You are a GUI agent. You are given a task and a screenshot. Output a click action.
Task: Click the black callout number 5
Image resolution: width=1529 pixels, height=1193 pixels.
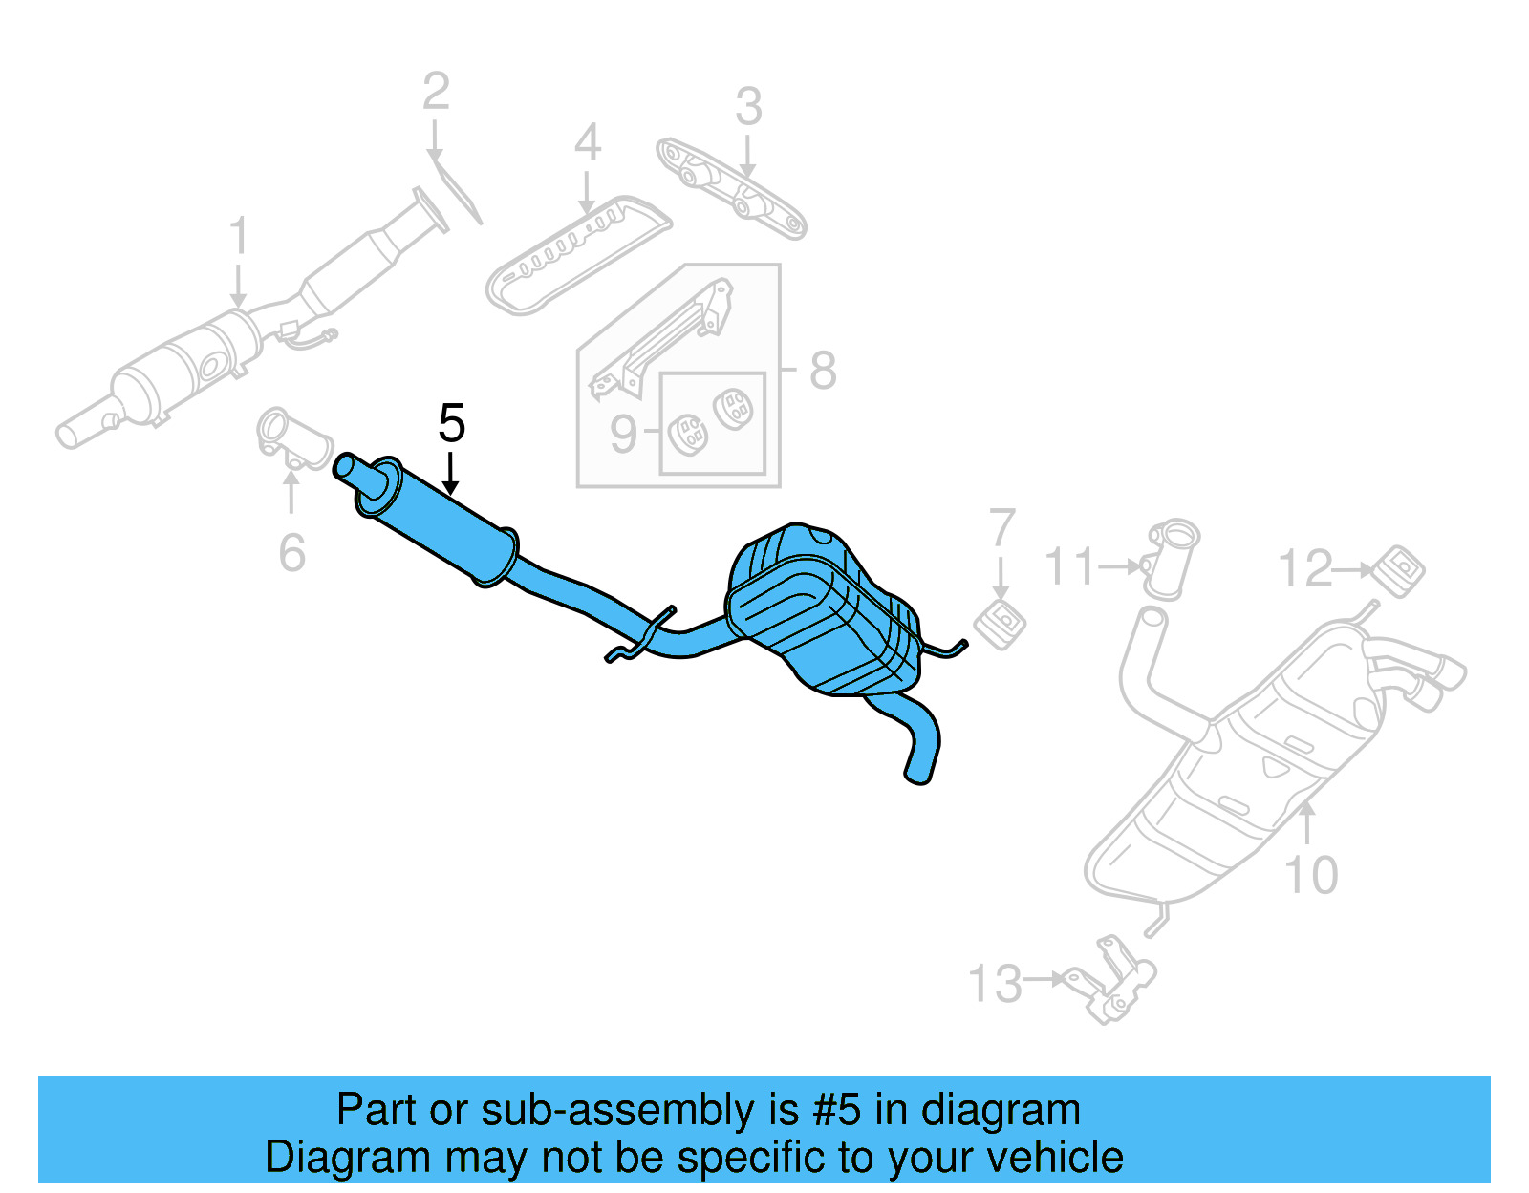point(451,423)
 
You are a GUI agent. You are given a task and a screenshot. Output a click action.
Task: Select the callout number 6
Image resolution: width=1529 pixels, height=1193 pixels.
point(291,553)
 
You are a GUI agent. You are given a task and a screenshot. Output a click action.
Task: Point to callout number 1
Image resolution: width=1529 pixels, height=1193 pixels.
point(239,236)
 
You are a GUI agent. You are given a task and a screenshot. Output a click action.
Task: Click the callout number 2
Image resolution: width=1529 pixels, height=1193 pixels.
point(436,92)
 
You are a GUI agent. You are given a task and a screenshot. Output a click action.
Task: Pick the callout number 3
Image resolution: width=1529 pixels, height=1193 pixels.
point(748,107)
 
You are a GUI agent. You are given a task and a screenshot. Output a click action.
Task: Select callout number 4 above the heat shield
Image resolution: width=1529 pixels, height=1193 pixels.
point(587,143)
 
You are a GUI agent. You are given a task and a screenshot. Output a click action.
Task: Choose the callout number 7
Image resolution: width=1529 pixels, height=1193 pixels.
point(1001,528)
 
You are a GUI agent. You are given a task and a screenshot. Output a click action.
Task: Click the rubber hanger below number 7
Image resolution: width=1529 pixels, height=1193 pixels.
point(1000,625)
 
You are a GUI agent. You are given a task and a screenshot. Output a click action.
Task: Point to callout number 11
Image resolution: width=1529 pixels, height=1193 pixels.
point(1069,566)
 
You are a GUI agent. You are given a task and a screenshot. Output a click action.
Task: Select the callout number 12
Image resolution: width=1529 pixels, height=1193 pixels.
point(1304,569)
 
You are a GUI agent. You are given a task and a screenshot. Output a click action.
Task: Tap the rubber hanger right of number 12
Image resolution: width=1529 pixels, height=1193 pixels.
point(1399,570)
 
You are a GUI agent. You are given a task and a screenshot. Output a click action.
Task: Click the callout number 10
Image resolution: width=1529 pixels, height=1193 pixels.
point(1311,875)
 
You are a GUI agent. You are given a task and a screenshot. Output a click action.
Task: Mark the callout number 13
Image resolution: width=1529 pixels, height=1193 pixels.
point(995,984)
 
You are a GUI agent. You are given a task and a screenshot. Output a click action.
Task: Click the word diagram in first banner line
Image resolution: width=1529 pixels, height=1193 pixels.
point(1001,1110)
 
